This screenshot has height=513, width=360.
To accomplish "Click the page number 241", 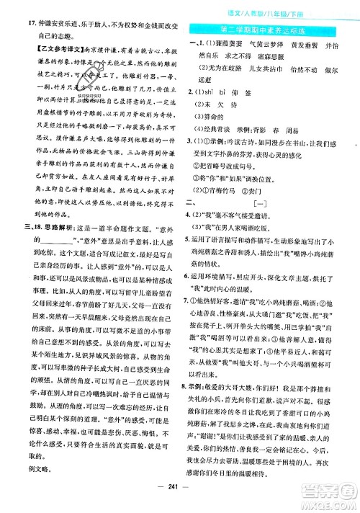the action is tap(180, 502).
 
